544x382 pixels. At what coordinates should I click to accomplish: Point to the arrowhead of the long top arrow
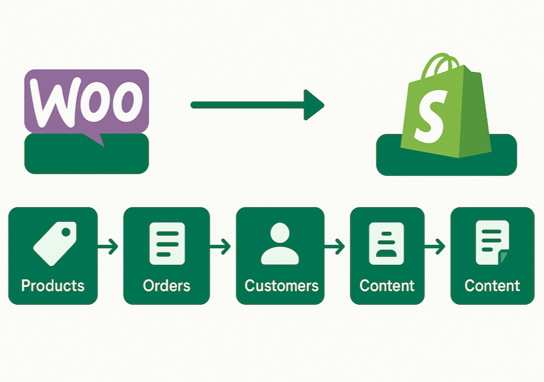[x=313, y=105]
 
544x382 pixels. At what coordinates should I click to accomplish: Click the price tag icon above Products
[x=54, y=243]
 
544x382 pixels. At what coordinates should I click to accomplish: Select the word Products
[x=53, y=286]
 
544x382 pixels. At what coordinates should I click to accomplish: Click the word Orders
[x=167, y=286]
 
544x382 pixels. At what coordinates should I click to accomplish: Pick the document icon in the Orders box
[x=167, y=243]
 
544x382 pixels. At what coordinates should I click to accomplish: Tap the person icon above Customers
[x=280, y=243]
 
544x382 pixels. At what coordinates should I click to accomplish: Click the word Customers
[x=281, y=286]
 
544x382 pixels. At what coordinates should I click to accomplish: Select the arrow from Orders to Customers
[x=221, y=247]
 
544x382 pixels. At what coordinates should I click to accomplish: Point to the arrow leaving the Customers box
[x=335, y=247]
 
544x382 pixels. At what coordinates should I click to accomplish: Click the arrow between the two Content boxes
[x=436, y=247]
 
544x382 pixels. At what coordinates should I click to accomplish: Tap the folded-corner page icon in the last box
[x=492, y=242]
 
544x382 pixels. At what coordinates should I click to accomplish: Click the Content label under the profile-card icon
[x=387, y=286]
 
